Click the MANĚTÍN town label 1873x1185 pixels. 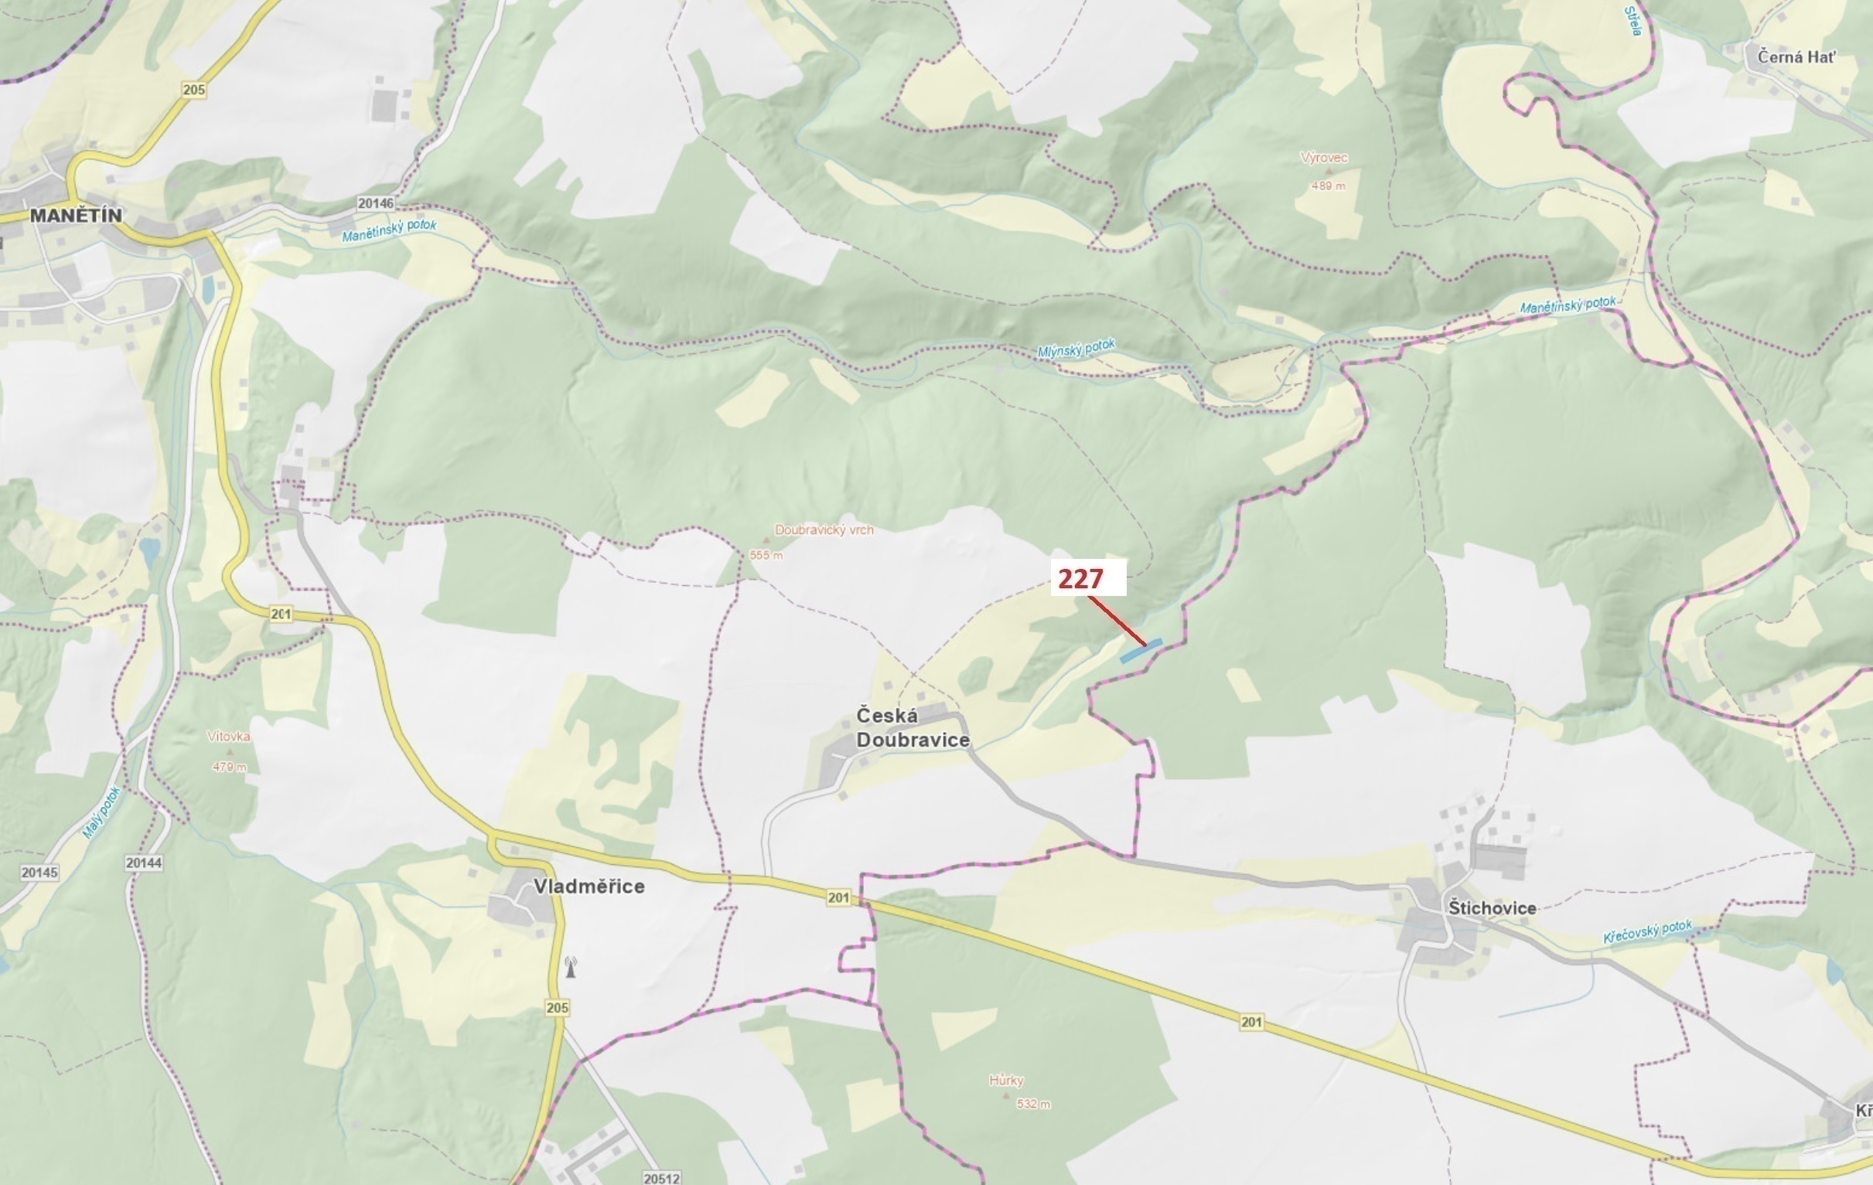pyautogui.click(x=76, y=216)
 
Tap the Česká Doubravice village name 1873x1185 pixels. pyautogui.click(x=913, y=728)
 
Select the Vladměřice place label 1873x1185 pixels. pyautogui.click(x=589, y=887)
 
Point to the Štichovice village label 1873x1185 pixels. pyautogui.click(x=1492, y=908)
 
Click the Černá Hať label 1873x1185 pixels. pyautogui.click(x=1796, y=56)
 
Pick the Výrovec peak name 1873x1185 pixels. pyautogui.click(x=1324, y=158)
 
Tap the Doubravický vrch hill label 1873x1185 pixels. pyautogui.click(x=824, y=530)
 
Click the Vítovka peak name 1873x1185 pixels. pyautogui.click(x=229, y=737)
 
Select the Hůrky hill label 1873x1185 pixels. pyautogui.click(x=1006, y=1080)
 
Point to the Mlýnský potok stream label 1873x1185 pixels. pyautogui.click(x=1076, y=349)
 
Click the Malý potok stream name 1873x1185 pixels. pyautogui.click(x=102, y=812)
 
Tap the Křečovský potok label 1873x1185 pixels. pyautogui.click(x=1647, y=931)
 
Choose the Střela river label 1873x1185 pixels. pyautogui.click(x=1632, y=21)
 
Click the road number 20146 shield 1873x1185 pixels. pyautogui.click(x=375, y=203)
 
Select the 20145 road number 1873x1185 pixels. pyautogui.click(x=39, y=873)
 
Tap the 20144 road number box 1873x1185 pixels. pyautogui.click(x=143, y=863)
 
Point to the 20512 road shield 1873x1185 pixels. pyautogui.click(x=661, y=1178)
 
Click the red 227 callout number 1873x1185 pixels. pyautogui.click(x=1080, y=578)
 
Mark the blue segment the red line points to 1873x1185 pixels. pyautogui.click(x=1141, y=651)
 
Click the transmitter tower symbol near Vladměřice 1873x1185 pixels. pyautogui.click(x=570, y=967)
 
